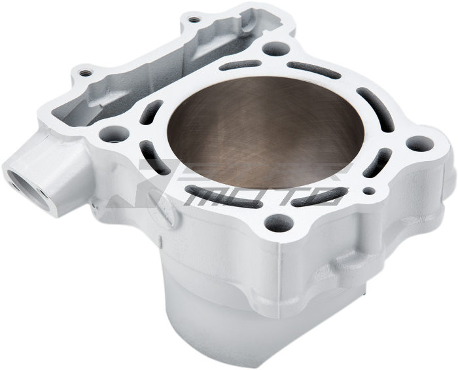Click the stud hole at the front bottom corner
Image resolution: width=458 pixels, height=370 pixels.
click(284, 222)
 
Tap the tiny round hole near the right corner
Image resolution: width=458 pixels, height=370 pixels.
click(372, 192)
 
